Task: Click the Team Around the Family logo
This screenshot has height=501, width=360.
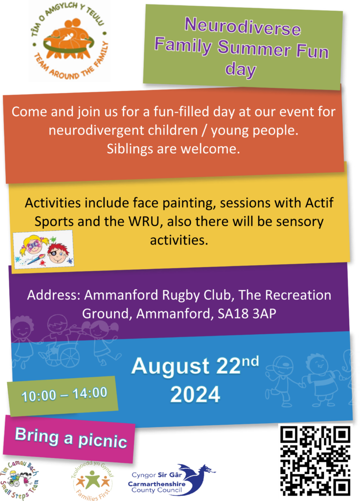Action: click(x=69, y=42)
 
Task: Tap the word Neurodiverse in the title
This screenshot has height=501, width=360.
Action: click(x=243, y=26)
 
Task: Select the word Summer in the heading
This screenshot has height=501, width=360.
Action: click(x=254, y=48)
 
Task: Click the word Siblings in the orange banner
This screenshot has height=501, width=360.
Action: click(x=130, y=149)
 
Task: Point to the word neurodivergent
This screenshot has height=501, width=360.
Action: click(x=123, y=130)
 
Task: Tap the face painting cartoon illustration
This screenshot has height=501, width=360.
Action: click(x=44, y=250)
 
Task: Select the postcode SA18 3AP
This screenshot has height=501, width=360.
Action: click(x=247, y=314)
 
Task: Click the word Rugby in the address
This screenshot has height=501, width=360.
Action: click(x=181, y=296)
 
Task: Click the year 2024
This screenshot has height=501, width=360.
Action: click(x=195, y=395)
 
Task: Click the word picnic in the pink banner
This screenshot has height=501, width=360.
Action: click(x=102, y=441)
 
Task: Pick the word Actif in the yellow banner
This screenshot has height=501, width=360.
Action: click(x=319, y=203)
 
